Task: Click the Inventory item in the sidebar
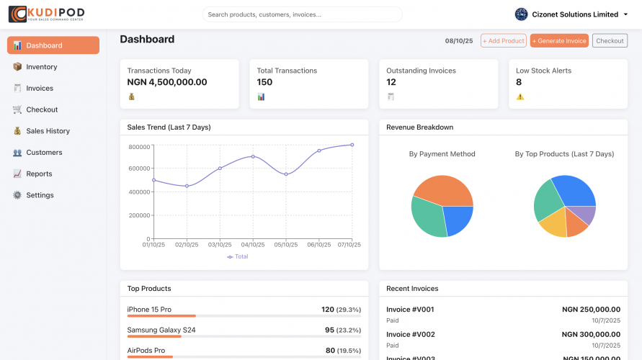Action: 41,67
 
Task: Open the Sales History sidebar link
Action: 48,131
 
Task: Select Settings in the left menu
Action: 40,195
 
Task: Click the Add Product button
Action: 503,41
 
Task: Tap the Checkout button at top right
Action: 610,41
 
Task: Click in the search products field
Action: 302,14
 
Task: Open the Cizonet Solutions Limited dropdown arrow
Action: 625,14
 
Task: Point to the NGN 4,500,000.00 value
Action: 167,82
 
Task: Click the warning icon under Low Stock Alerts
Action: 520,96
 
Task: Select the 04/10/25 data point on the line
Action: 253,156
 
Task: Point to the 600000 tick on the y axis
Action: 138,168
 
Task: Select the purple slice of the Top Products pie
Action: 587,215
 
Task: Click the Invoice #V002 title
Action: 410,334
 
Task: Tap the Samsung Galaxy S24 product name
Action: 161,330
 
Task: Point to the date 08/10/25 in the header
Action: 459,41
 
